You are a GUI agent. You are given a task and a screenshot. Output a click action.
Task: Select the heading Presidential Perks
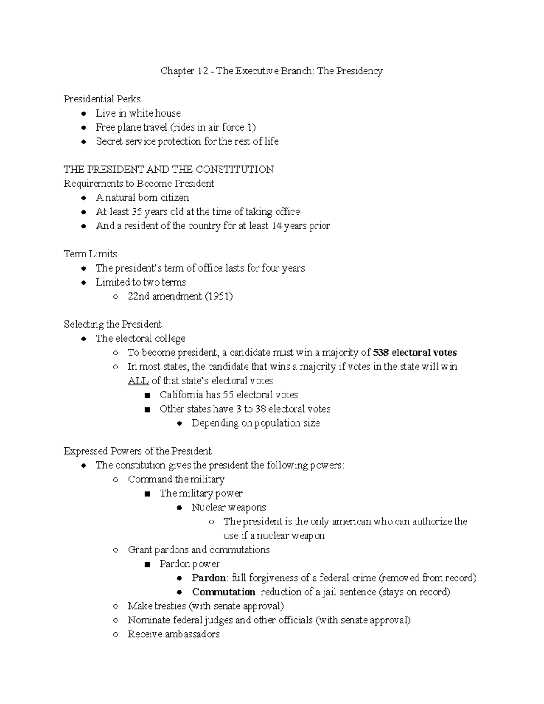click(x=102, y=99)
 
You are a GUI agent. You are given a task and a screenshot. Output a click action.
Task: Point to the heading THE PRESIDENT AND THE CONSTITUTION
click(x=169, y=170)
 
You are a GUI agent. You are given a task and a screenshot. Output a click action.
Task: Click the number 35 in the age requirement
click(x=137, y=212)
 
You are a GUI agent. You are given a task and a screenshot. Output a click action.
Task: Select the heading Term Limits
click(x=90, y=254)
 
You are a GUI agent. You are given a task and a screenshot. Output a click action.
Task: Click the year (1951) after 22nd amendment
click(x=219, y=296)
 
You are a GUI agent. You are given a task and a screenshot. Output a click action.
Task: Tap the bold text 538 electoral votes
click(x=414, y=353)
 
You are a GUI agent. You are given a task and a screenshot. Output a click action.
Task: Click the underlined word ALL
click(x=138, y=381)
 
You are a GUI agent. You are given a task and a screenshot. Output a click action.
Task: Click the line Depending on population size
click(x=255, y=423)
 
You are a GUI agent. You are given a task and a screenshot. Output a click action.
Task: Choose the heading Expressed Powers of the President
click(x=137, y=451)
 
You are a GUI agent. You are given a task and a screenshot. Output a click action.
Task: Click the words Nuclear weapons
click(x=228, y=507)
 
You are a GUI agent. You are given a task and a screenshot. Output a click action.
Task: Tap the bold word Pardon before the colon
click(x=209, y=578)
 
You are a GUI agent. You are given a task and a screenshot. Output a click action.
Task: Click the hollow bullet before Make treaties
click(x=116, y=607)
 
